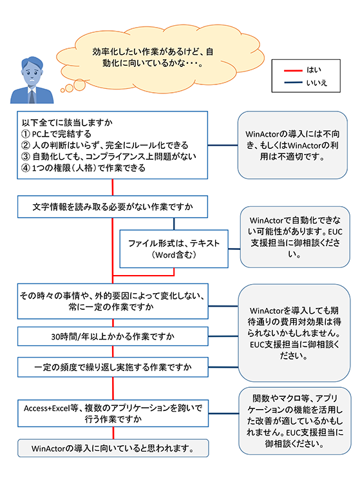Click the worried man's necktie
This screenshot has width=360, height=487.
[32, 97]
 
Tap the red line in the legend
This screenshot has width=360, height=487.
[293, 70]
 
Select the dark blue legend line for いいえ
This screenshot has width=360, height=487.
[293, 82]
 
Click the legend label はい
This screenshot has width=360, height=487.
[314, 70]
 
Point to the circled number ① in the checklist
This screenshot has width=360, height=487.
[26, 134]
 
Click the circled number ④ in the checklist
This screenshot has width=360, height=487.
[26, 168]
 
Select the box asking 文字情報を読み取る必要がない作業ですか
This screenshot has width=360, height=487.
[113, 207]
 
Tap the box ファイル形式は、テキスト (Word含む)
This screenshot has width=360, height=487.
[174, 249]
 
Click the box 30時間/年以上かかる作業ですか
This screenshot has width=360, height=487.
[113, 336]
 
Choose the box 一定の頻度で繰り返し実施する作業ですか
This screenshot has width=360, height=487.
[113, 367]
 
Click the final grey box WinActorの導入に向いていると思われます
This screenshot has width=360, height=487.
[113, 448]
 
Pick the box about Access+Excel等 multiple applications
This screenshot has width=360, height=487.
[113, 414]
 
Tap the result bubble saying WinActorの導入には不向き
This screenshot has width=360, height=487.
[292, 145]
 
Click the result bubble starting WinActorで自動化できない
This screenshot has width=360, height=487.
[295, 237]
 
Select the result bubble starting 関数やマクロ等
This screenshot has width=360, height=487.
[295, 421]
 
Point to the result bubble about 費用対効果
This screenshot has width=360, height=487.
[294, 332]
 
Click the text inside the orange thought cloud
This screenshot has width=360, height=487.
[153, 57]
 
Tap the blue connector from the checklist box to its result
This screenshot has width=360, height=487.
[223, 145]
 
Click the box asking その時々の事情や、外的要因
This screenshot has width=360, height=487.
[113, 301]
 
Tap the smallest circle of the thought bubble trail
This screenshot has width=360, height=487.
[62, 90]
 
